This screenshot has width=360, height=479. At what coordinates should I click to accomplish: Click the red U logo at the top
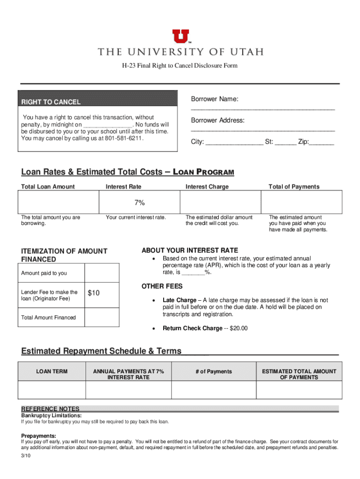180,36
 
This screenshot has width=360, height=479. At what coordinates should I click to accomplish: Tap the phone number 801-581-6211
124,139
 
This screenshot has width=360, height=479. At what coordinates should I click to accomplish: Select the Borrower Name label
215,99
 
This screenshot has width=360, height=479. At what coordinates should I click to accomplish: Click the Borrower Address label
217,120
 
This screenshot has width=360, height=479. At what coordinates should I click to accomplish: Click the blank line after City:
234,142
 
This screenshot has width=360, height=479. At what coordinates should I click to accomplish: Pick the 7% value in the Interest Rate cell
140,203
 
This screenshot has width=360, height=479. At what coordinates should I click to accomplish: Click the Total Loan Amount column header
48,187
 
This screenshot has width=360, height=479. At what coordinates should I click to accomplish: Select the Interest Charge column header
207,187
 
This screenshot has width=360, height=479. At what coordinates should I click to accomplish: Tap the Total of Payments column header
294,187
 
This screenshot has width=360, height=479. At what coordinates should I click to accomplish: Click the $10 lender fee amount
94,293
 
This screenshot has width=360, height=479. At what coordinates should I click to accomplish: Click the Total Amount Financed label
48,318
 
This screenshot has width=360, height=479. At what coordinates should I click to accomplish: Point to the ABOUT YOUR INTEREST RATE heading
189,250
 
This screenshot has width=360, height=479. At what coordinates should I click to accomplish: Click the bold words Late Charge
179,300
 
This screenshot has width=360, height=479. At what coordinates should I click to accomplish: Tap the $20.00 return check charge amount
238,328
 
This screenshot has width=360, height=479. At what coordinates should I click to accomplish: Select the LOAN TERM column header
52,371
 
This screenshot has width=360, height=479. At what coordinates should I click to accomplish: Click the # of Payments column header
214,371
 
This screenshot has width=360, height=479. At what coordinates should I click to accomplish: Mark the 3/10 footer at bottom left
25,456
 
